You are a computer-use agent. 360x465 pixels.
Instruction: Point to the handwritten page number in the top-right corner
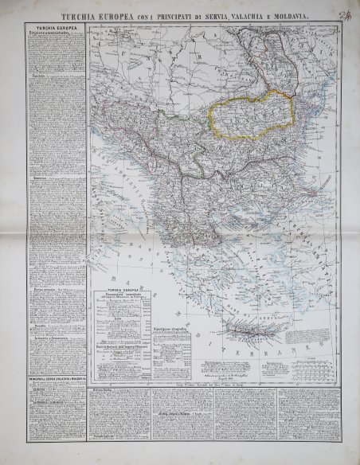click(x=343, y=11)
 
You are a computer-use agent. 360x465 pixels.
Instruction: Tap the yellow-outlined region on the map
click(x=251, y=111)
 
